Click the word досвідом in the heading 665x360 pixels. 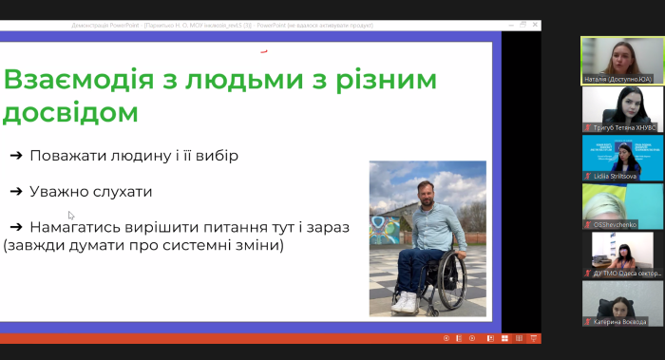(70, 113)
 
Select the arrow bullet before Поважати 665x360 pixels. (16, 156)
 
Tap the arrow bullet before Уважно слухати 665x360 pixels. (16, 192)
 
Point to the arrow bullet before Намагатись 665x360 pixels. (16, 227)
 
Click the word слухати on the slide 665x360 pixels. (120, 192)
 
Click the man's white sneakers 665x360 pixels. (405, 302)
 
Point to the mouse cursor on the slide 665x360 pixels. (70, 215)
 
